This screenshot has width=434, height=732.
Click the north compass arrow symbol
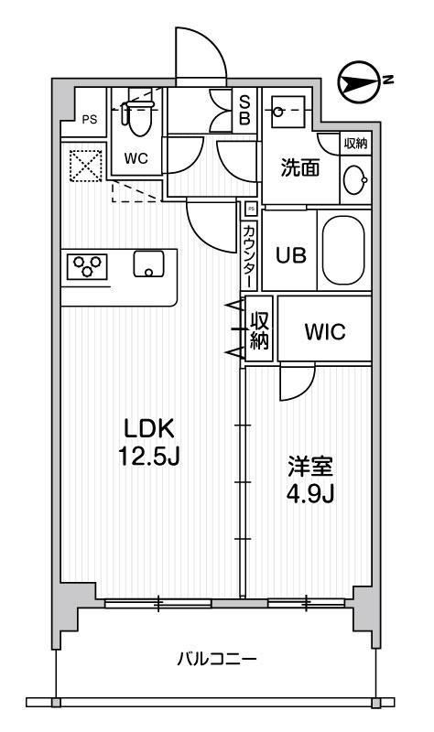tap(358, 83)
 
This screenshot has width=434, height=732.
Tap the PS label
tap(89, 118)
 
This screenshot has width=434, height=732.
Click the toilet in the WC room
tap(137, 116)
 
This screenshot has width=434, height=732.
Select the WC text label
tap(136, 156)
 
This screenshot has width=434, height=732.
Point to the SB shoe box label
tap(245, 111)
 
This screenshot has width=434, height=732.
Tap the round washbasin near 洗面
tap(354, 181)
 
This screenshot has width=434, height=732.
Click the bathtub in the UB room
tap(343, 252)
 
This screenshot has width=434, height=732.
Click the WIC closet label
tap(325, 332)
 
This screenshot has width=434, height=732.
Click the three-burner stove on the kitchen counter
tap(87, 266)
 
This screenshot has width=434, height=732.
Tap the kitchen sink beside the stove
tap(147, 264)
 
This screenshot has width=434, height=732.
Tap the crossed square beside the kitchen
tap(85, 166)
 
